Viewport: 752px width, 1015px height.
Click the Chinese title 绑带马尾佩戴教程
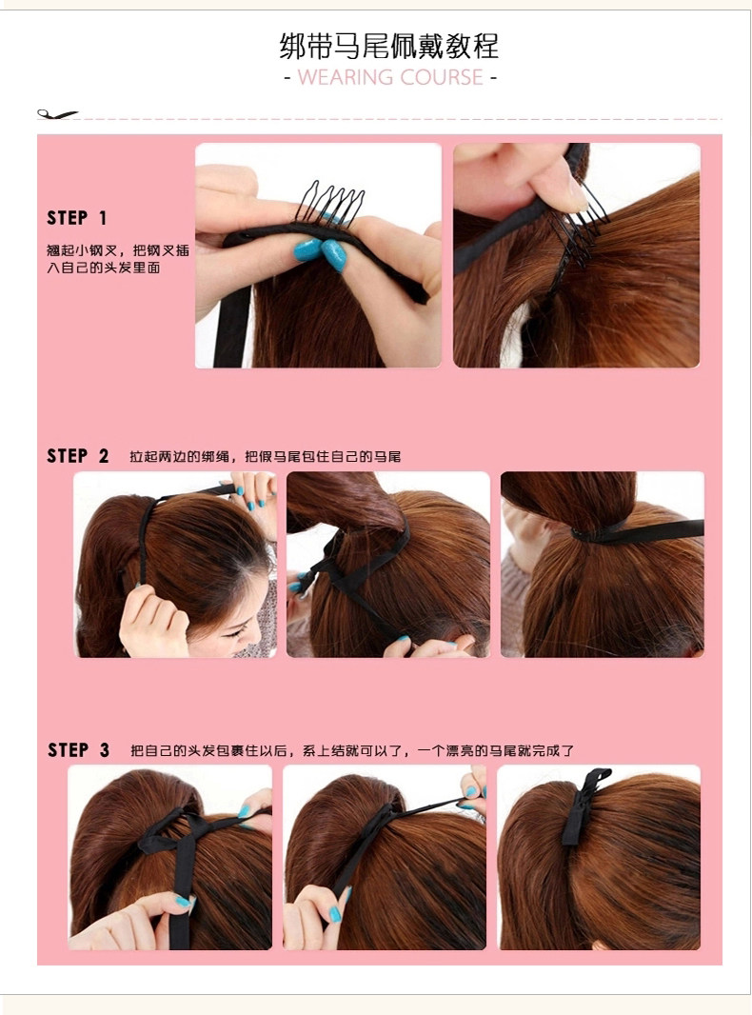click(x=389, y=46)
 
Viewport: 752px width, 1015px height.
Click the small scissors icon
click(x=57, y=114)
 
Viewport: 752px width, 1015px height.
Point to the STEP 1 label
click(x=76, y=218)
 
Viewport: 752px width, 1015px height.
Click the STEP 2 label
click(x=77, y=456)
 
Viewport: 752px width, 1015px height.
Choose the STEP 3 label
click(x=78, y=749)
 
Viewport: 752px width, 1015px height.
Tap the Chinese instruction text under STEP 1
click(x=117, y=259)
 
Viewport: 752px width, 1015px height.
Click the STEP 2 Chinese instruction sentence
click(x=265, y=456)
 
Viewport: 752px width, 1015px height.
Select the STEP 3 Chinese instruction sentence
click(x=352, y=750)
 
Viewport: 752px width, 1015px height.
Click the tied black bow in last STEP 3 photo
click(x=584, y=806)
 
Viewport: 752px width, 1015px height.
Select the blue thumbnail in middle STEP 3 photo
click(x=334, y=914)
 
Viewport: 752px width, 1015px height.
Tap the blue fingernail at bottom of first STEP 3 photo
click(x=183, y=901)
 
